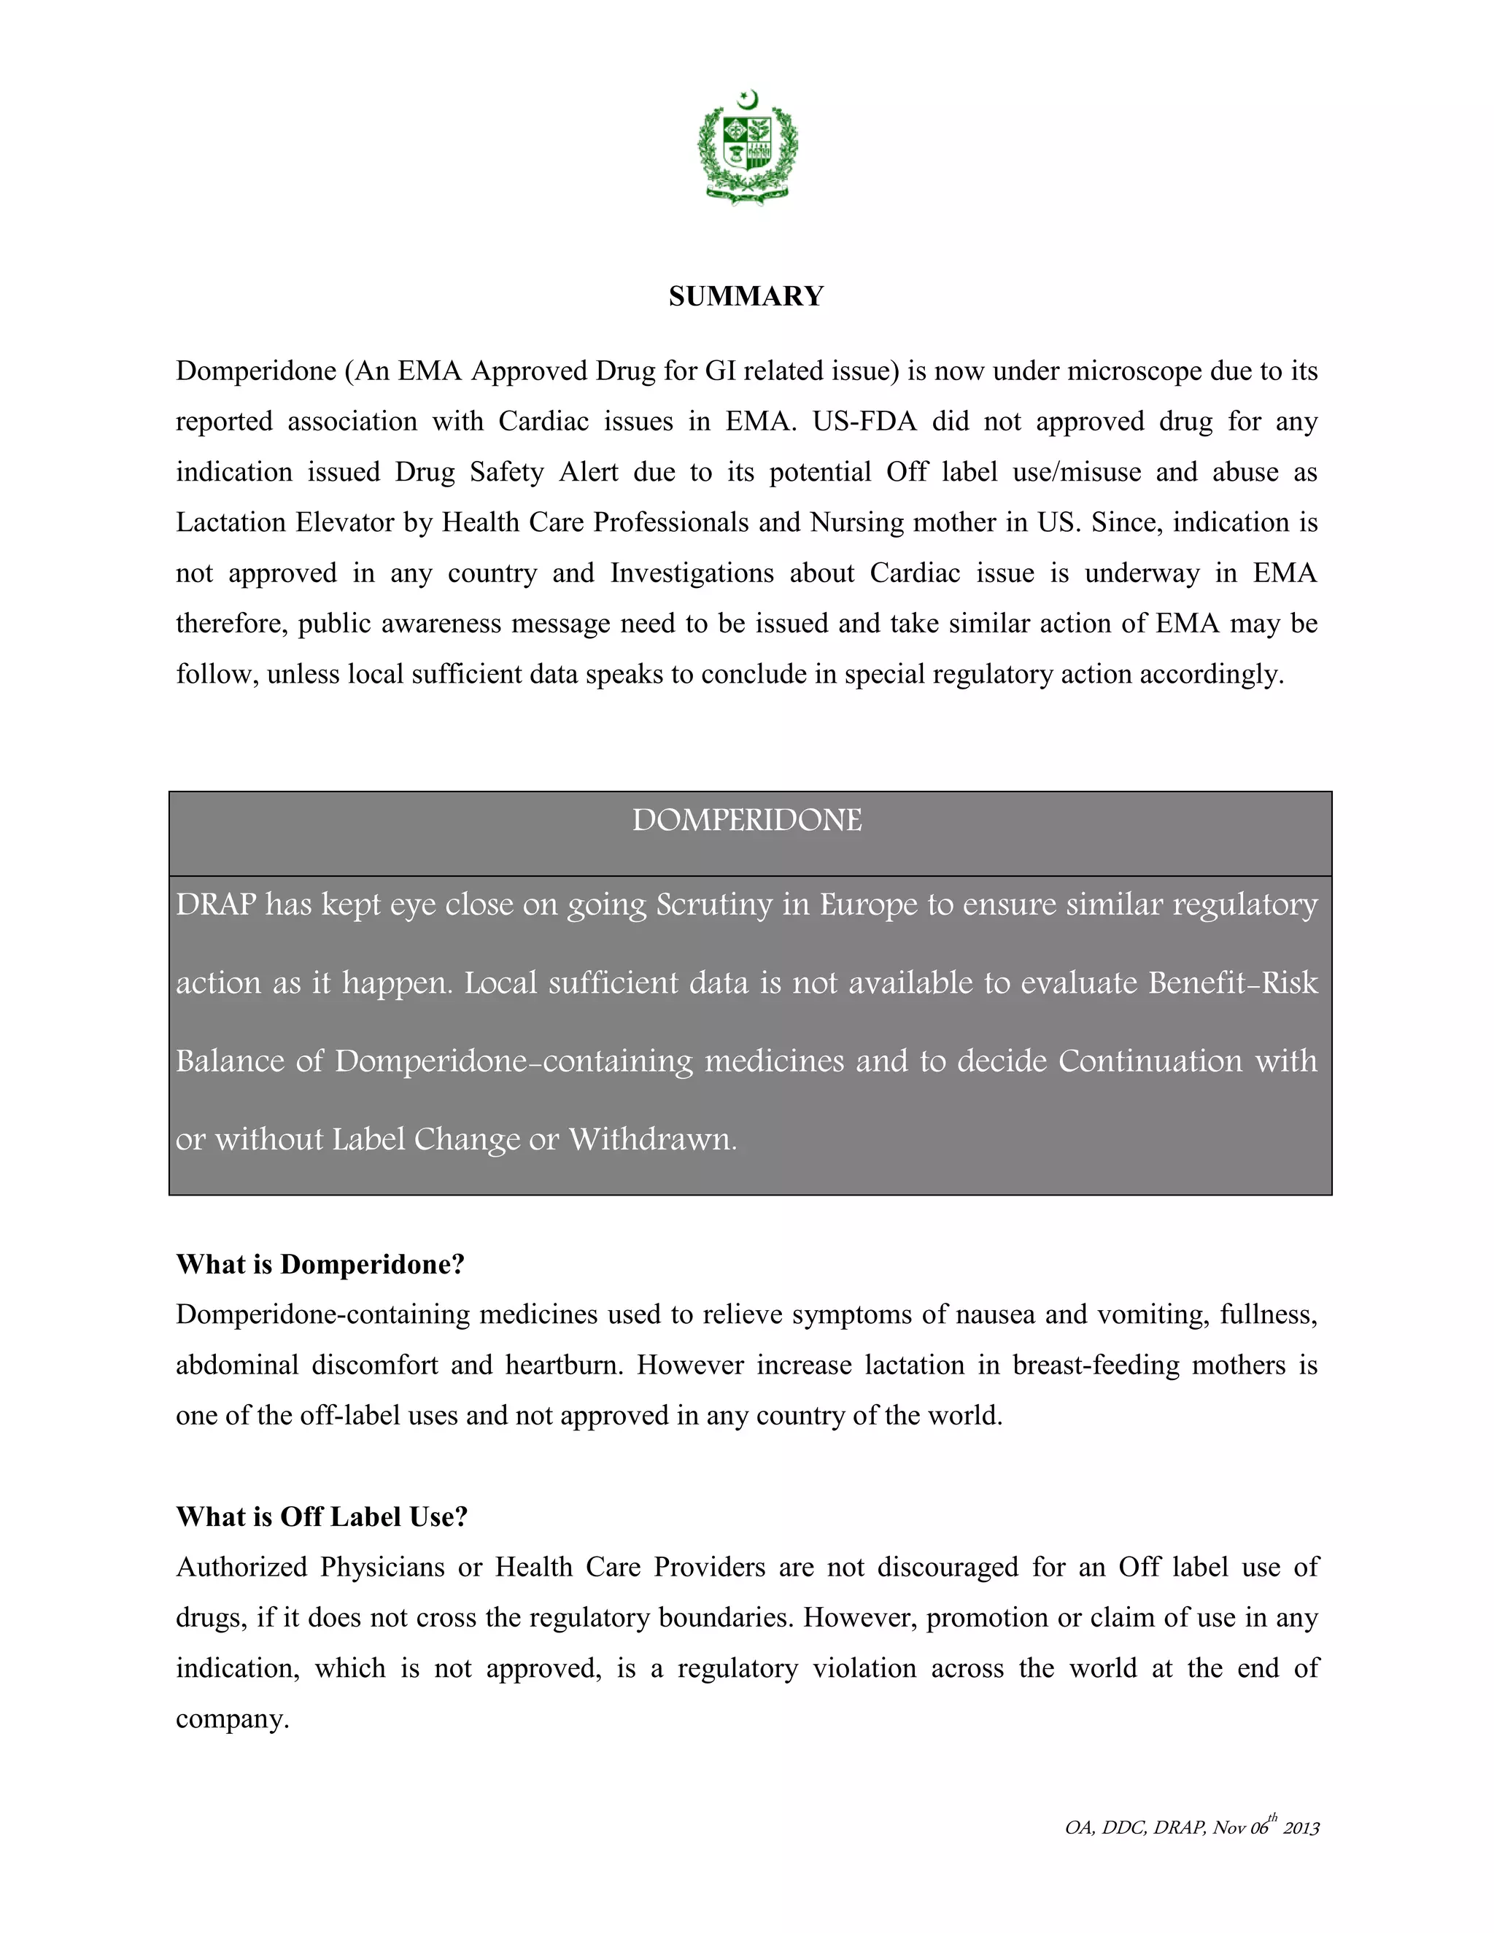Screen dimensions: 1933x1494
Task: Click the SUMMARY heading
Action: click(746, 295)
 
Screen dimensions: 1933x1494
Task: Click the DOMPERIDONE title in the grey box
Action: click(746, 821)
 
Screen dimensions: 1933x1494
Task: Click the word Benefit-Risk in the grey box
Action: click(1233, 983)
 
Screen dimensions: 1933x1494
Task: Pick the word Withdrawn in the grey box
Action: click(652, 1139)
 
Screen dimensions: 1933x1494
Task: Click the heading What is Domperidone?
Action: click(320, 1264)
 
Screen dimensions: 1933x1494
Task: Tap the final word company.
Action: click(232, 1718)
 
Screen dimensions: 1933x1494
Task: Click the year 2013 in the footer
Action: click(1301, 1829)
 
